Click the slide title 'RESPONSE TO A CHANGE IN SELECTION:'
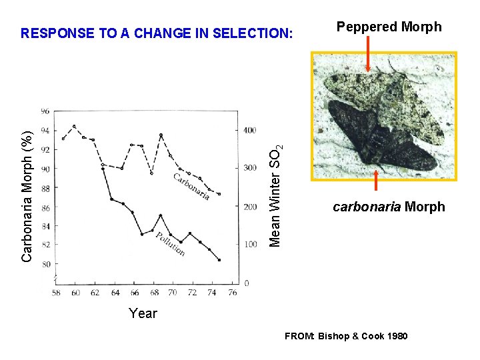click(157, 33)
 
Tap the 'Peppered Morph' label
click(389, 27)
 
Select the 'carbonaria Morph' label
click(389, 207)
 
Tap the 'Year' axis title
click(143, 313)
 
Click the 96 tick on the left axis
click(45, 111)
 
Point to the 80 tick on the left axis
click(45, 265)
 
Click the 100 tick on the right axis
click(249, 245)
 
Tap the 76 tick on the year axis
click(232, 293)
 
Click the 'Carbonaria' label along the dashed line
click(192, 186)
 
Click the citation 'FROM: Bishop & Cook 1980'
click(346, 336)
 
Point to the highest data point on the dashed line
click(74, 126)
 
